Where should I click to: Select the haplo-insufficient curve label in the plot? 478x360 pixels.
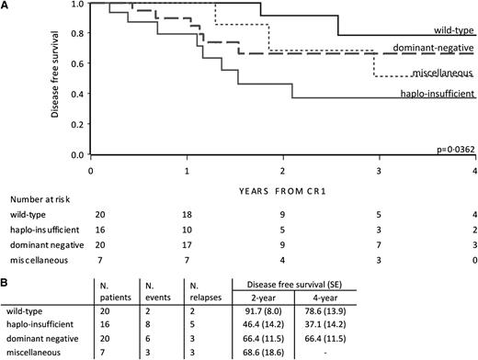436,93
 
